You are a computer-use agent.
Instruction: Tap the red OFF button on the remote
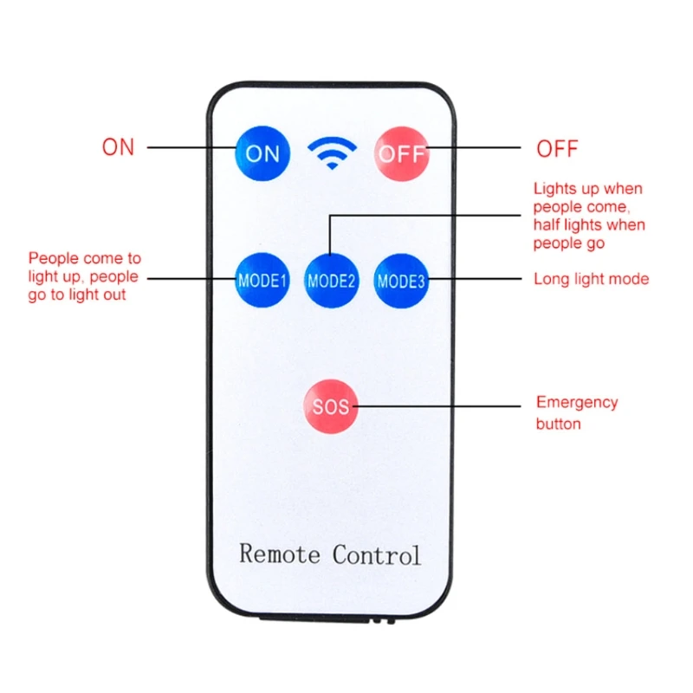point(400,153)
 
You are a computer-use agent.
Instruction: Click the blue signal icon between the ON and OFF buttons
point(332,153)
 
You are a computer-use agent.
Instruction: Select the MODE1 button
point(262,280)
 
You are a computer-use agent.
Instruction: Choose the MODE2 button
point(332,280)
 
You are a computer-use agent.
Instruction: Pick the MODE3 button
point(401,280)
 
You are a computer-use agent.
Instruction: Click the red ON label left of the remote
point(119,147)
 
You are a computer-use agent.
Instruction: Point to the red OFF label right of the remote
point(557,148)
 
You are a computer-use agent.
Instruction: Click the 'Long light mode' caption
point(591,279)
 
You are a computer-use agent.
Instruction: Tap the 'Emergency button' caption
point(576,413)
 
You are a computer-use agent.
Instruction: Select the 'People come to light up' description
point(84,276)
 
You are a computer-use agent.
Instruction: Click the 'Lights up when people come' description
point(588,216)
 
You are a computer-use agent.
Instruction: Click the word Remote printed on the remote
point(280,554)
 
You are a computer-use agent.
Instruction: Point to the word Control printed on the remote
point(377,554)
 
